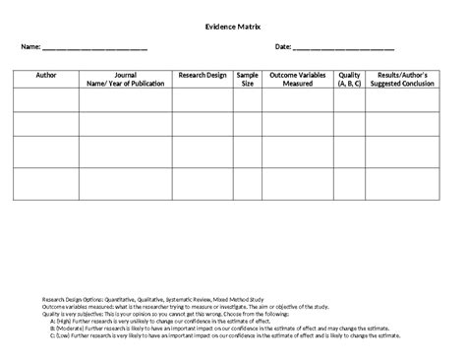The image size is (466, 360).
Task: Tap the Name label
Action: click(x=26, y=47)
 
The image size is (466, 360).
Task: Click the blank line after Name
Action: click(x=94, y=48)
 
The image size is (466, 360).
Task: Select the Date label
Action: click(x=283, y=47)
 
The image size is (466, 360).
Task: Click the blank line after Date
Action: click(x=344, y=48)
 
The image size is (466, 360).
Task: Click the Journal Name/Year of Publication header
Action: click(x=126, y=79)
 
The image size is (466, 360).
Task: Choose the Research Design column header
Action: click(x=202, y=75)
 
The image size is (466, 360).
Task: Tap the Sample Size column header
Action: click(x=247, y=79)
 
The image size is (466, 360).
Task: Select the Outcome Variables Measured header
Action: click(x=298, y=79)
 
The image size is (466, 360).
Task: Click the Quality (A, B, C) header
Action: click(x=349, y=79)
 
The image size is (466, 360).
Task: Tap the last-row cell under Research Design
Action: click(x=202, y=183)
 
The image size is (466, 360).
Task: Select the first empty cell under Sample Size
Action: click(x=247, y=99)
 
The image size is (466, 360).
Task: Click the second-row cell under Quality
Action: click(x=349, y=124)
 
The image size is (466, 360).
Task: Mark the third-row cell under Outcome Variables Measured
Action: click(x=298, y=151)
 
